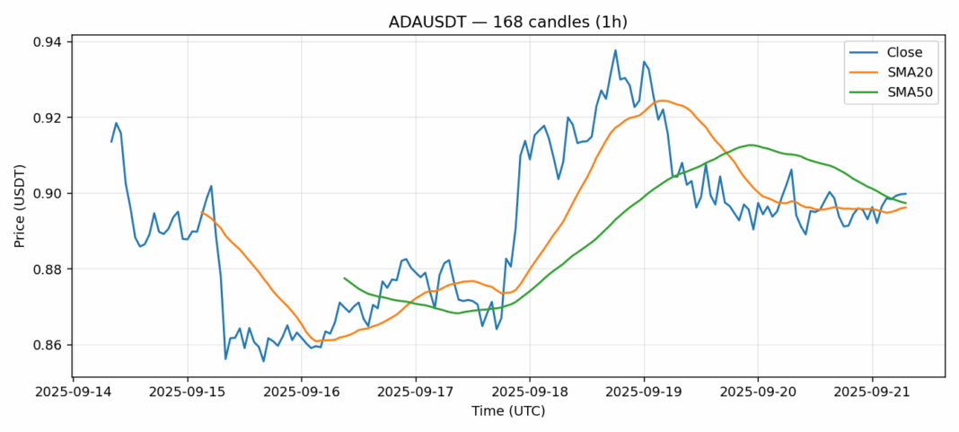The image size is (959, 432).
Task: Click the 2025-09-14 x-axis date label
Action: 74,392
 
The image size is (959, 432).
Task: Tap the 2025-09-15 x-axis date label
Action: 188,392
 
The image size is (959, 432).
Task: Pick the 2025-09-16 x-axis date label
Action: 302,392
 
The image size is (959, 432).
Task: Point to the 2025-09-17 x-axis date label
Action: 416,392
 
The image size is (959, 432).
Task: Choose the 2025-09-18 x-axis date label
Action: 530,392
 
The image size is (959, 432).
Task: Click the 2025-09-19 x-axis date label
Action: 644,392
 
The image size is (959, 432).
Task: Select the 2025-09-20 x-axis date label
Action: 758,392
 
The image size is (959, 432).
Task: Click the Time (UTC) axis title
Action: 507,411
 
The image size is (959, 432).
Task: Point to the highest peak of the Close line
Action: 615,50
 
